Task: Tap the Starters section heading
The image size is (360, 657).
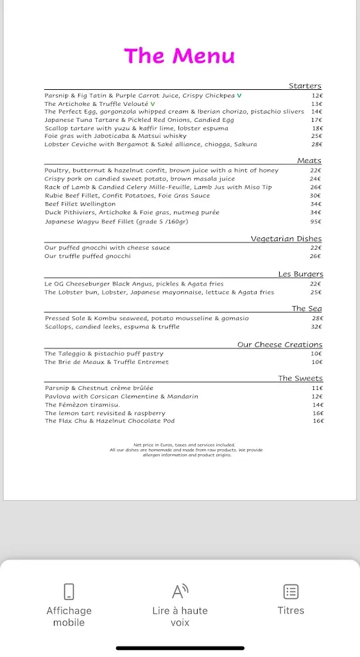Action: pos(305,85)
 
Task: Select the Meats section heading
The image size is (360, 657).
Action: pos(309,160)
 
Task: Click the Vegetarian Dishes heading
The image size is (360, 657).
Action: pos(286,239)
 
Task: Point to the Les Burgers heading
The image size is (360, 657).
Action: pos(300,274)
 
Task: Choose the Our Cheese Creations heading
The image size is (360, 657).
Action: pos(280,345)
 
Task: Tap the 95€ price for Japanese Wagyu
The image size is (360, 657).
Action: pos(316,222)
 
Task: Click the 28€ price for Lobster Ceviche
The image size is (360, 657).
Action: pos(316,144)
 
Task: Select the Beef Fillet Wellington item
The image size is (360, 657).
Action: pos(80,204)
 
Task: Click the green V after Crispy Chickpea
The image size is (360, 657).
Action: pos(239,96)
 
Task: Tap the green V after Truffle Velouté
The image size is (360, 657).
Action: pos(153,104)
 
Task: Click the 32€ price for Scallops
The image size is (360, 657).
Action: pos(316,327)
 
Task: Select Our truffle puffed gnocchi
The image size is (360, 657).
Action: pos(87,256)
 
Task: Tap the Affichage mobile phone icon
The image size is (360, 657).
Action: pos(69,591)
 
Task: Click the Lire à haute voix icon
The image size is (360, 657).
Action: pos(180,591)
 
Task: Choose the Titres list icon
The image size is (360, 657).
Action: pos(291,591)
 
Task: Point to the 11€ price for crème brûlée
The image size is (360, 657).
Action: pos(317,388)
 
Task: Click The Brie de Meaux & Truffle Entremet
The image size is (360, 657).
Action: pos(107,362)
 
